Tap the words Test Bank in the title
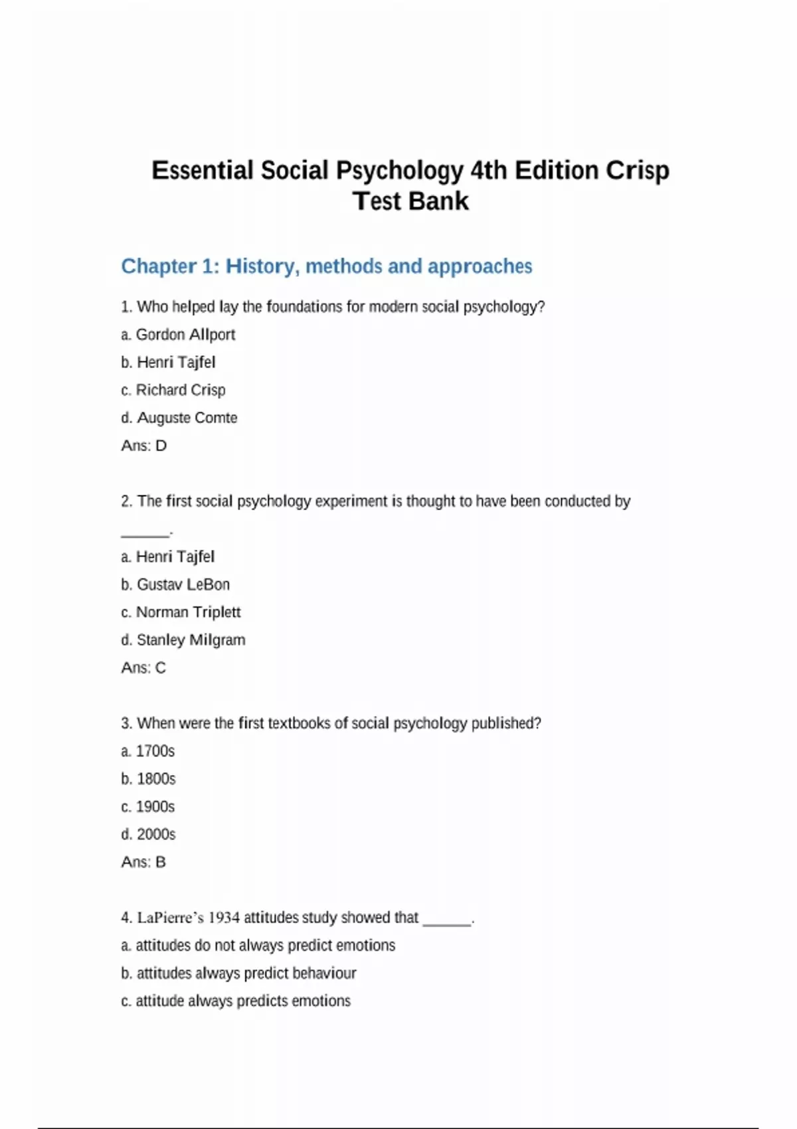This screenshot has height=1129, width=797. pyautogui.click(x=410, y=201)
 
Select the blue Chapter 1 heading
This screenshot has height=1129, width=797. pyautogui.click(x=326, y=266)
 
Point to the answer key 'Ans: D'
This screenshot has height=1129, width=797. pyautogui.click(x=143, y=446)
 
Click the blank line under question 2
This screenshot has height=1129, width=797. pyautogui.click(x=145, y=533)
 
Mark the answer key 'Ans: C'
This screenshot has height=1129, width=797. pyautogui.click(x=143, y=668)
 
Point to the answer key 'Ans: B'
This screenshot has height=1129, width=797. pyautogui.click(x=143, y=863)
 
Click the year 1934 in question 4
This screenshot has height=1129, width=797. pyautogui.click(x=224, y=918)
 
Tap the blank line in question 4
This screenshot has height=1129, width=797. pyautogui.click(x=447, y=921)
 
